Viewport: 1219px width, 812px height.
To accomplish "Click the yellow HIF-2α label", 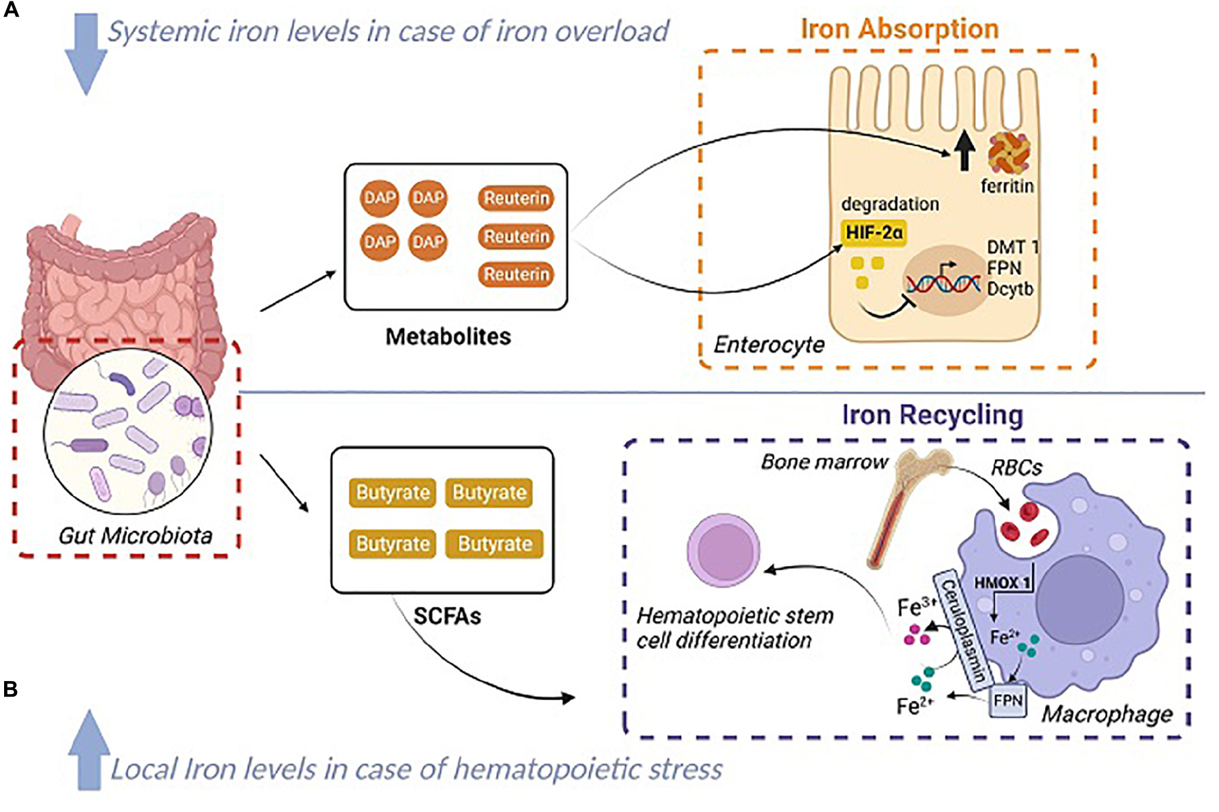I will click(x=874, y=233).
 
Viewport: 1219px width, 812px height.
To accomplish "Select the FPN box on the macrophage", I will click(x=1008, y=700).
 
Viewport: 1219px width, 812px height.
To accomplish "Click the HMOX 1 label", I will click(x=1002, y=582).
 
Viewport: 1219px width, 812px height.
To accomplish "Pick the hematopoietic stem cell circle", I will click(x=723, y=551).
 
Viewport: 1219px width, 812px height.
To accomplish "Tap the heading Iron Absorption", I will click(x=899, y=29).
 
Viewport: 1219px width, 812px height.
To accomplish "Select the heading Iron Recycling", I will click(x=932, y=414).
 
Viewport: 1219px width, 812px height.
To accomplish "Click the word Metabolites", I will click(x=448, y=336).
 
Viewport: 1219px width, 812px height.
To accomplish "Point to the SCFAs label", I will click(x=447, y=616).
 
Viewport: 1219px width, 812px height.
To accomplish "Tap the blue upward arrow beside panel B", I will click(x=89, y=750).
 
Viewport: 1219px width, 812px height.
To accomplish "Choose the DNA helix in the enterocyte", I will click(x=943, y=282).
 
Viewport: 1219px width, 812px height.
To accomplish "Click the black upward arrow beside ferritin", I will click(x=964, y=151).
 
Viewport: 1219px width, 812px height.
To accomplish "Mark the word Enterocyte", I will click(x=769, y=345).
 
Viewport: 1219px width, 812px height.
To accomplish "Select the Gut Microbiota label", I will click(x=135, y=536).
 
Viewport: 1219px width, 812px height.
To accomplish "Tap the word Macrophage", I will click(x=1106, y=714).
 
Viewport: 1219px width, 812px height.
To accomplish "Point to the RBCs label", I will click(x=1016, y=467).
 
